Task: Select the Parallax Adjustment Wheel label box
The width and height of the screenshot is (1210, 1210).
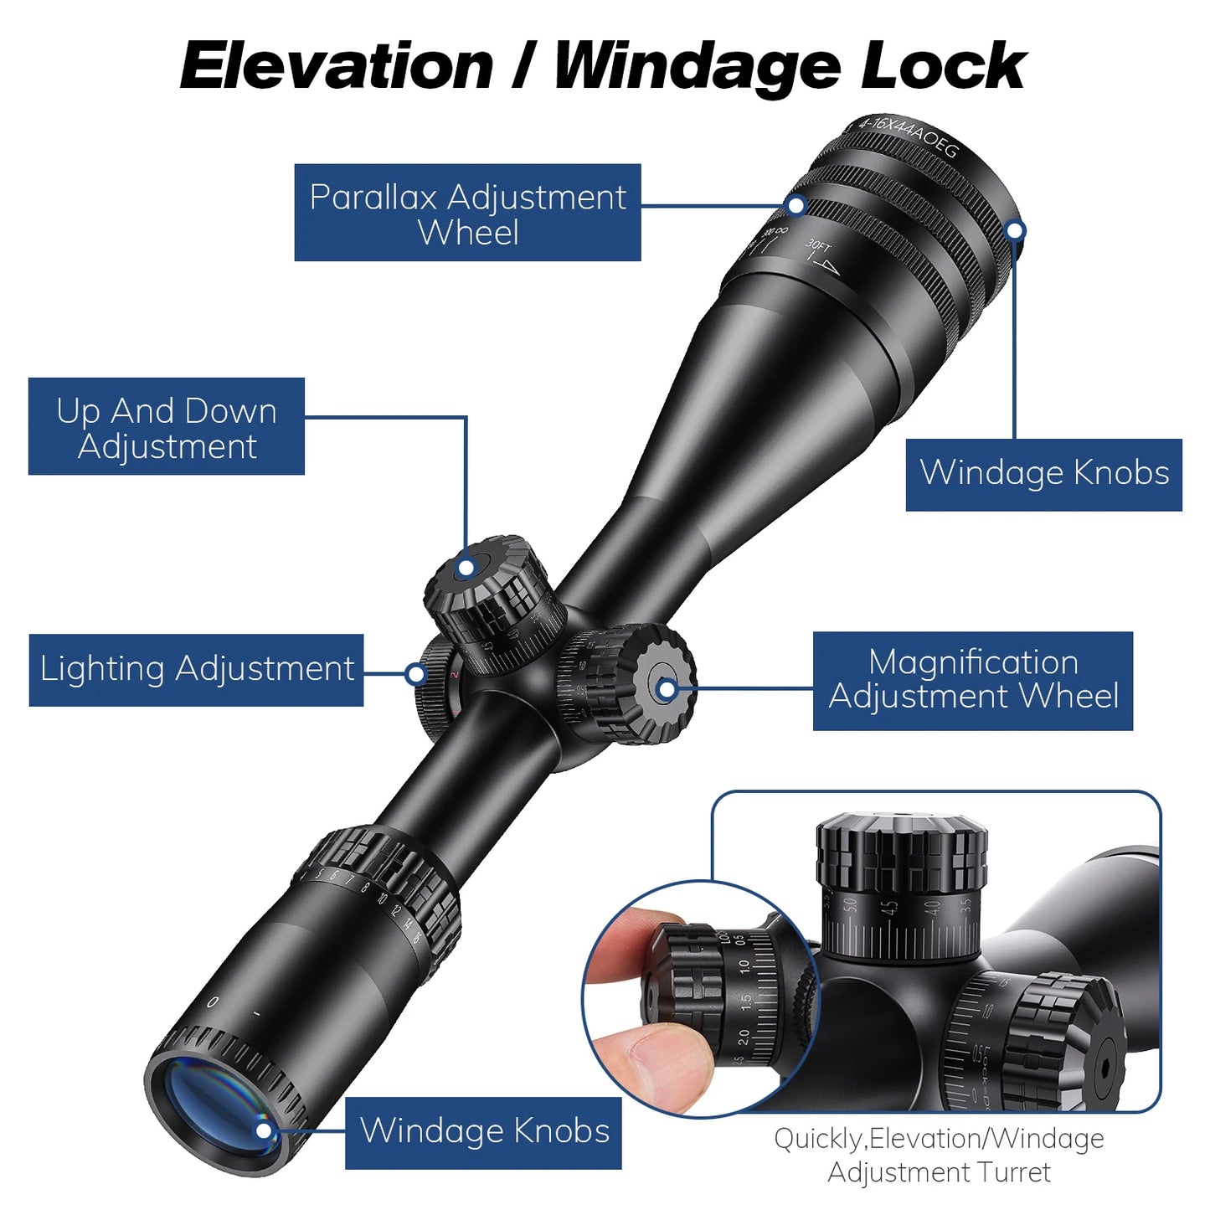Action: pos(467,213)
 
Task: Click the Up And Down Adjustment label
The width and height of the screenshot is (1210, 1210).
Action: pos(167,427)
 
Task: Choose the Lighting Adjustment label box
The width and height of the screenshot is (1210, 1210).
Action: pos(197,670)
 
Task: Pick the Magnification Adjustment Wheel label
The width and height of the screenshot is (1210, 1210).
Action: pos(972,681)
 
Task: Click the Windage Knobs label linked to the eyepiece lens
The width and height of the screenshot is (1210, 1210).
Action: pos(484,1132)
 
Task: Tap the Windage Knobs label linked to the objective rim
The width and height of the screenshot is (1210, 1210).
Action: pos(1043,474)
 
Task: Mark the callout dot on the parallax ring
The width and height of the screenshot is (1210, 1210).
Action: pos(796,205)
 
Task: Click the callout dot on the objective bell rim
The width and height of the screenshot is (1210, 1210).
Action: pos(1015,230)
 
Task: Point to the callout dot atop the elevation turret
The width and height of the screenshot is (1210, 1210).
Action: pos(466,569)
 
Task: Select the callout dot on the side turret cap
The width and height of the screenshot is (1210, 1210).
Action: pos(667,689)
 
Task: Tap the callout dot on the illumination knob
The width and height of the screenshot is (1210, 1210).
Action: pos(415,673)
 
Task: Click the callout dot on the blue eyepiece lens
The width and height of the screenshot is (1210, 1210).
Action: pos(264,1130)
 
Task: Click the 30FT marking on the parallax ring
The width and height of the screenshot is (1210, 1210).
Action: pos(818,246)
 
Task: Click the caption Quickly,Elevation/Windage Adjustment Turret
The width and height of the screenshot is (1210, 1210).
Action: pos(939,1156)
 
